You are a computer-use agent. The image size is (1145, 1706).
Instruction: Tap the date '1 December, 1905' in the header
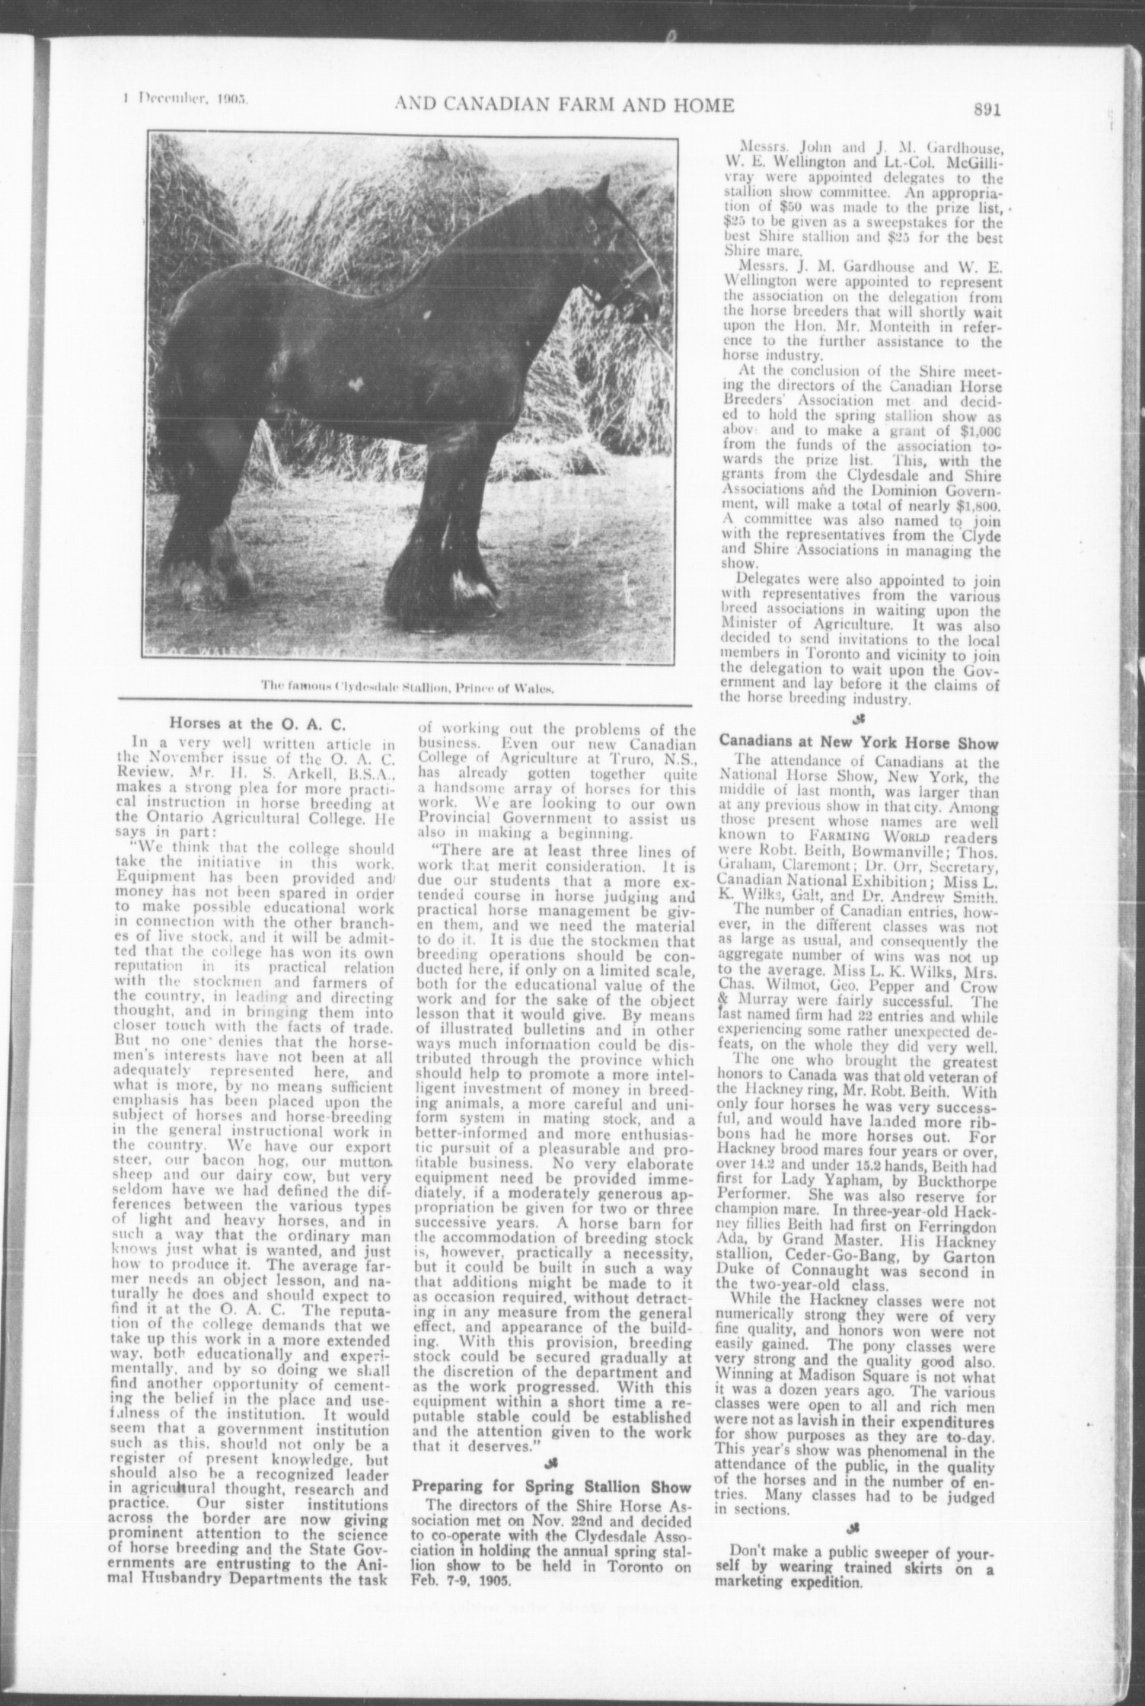tap(187, 99)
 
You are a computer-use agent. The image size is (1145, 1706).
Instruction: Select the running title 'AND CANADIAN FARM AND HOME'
tap(564, 104)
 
